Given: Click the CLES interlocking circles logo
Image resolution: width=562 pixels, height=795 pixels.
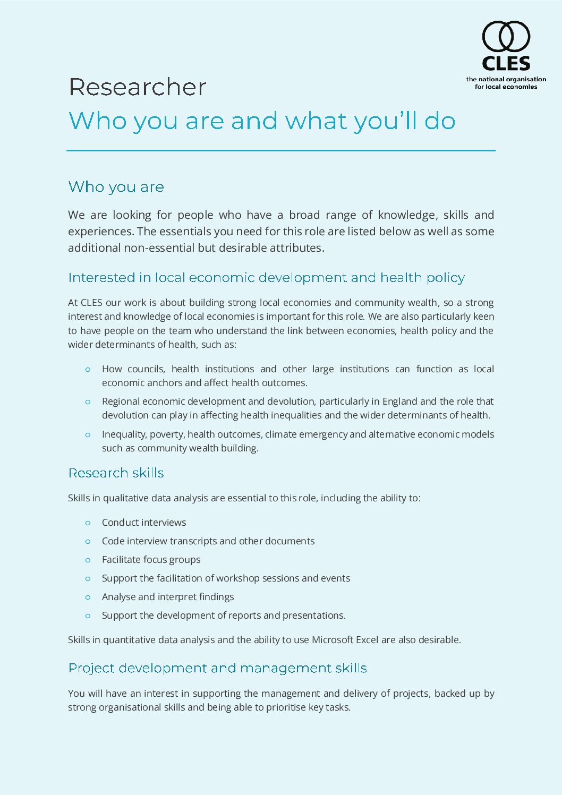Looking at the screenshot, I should (x=506, y=36).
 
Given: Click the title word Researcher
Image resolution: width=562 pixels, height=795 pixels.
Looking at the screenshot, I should (x=137, y=87).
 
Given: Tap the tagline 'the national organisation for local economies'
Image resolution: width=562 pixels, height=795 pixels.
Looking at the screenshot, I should (x=506, y=83).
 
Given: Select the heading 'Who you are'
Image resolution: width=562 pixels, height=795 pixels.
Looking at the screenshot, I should (x=116, y=187).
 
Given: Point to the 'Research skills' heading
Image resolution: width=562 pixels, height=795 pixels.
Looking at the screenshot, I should (x=116, y=473).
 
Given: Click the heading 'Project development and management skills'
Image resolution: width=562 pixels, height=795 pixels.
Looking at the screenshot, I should (x=217, y=668).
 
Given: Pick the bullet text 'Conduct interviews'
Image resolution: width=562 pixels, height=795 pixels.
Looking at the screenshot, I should (x=144, y=523).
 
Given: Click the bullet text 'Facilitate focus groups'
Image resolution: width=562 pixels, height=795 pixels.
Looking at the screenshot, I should (x=151, y=560).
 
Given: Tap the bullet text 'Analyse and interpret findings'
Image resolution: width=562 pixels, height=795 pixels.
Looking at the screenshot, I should (x=167, y=597).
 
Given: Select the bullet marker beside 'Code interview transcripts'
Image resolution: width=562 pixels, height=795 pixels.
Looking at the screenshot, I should (x=88, y=542).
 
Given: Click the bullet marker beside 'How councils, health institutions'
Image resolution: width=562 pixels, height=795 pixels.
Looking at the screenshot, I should (x=88, y=370).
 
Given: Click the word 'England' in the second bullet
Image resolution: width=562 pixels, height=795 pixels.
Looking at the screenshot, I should (x=399, y=401).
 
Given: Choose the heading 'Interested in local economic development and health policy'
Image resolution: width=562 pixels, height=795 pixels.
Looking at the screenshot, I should (x=266, y=278).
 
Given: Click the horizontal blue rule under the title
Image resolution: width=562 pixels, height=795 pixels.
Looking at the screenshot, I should (x=280, y=151).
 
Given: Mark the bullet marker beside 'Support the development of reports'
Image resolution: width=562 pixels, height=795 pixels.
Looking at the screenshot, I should (x=88, y=616).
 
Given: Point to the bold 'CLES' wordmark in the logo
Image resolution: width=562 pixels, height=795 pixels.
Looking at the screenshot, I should (x=506, y=64).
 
